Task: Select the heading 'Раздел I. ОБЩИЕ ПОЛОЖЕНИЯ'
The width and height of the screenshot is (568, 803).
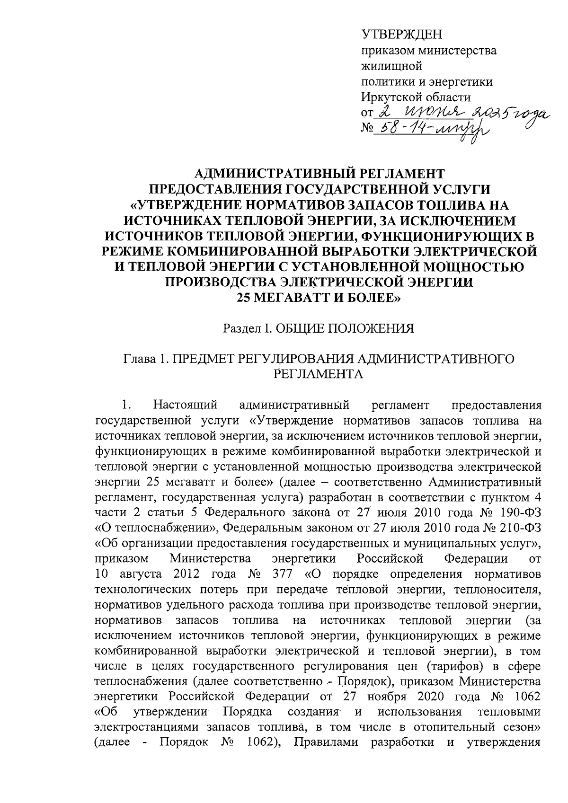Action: (319, 328)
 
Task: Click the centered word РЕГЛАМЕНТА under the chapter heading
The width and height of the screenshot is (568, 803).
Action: (319, 374)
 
